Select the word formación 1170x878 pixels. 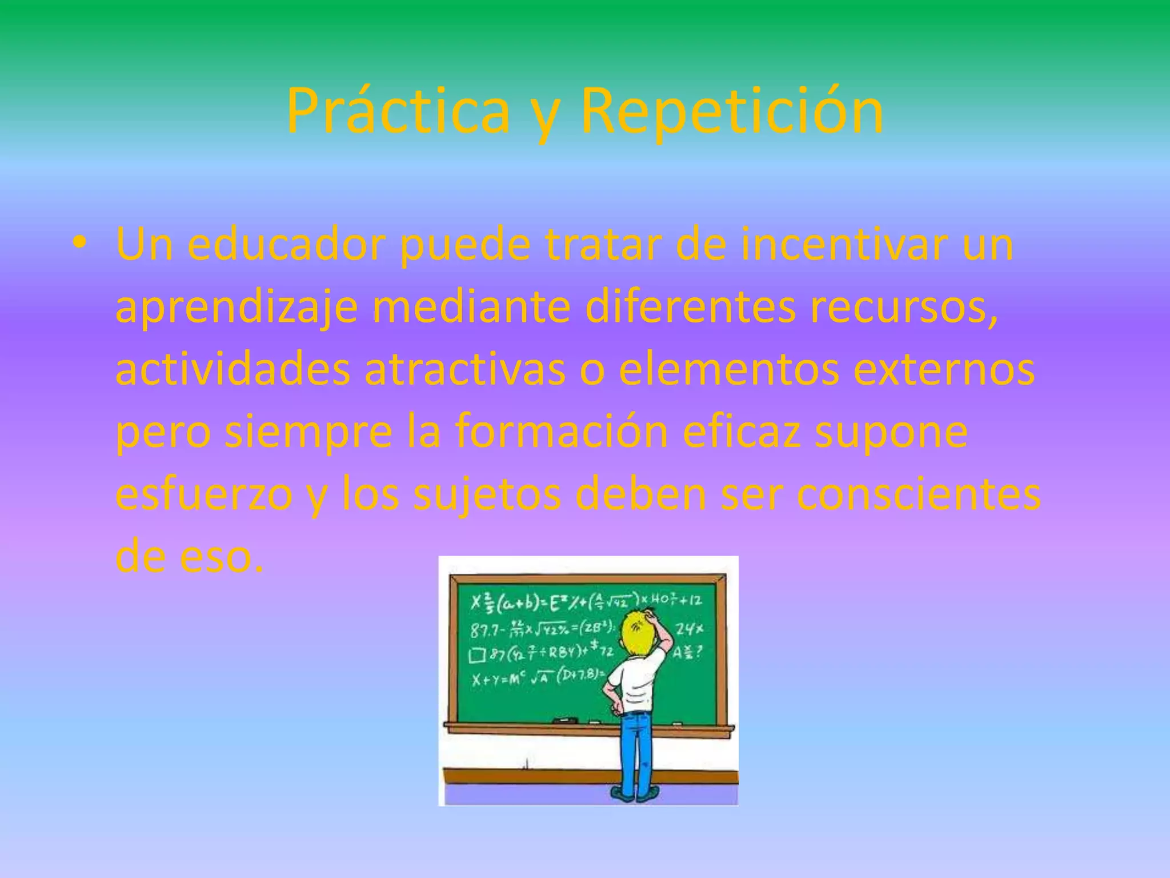pyautogui.click(x=561, y=432)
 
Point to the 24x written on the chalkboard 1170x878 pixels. pyautogui.click(x=689, y=629)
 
